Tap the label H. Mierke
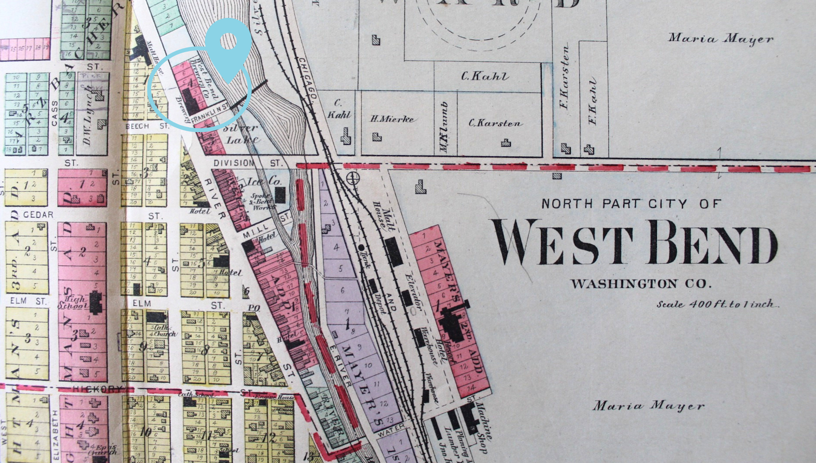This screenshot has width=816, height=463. click(392, 119)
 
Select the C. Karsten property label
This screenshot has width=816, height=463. click(495, 123)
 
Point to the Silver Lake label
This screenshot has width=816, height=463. click(241, 134)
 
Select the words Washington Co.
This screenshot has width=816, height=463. click(641, 284)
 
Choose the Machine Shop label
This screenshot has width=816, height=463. click(482, 428)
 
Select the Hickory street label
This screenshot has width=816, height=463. click(97, 389)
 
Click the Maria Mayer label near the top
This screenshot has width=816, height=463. click(721, 38)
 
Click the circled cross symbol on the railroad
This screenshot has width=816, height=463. click(353, 178)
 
